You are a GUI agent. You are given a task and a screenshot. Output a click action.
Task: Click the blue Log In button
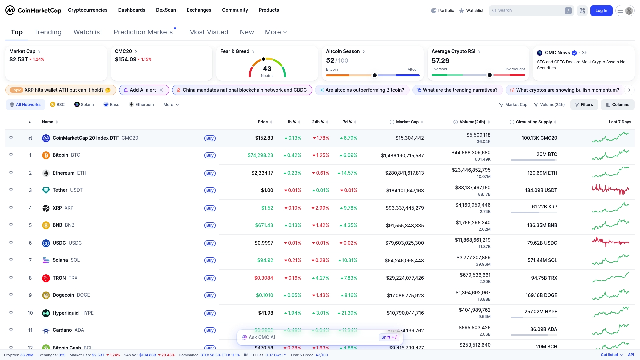pos(601,11)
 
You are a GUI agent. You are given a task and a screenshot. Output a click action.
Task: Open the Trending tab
pos(48,32)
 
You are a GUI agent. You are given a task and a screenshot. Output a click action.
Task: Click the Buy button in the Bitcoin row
pos(210,155)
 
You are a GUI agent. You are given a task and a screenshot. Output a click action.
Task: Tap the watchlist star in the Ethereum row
pos(11,173)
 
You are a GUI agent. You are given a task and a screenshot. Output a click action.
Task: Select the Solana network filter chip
pos(84,105)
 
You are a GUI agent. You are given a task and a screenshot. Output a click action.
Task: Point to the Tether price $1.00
pos(267,190)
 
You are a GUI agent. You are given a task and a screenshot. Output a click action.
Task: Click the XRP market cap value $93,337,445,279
pos(405,208)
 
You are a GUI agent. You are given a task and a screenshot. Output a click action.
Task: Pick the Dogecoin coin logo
pos(46,295)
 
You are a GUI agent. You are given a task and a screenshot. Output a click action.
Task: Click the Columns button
pos(617,105)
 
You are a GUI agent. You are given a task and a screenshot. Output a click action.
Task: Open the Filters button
pos(584,105)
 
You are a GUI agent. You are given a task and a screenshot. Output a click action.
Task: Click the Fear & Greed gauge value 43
pos(267,69)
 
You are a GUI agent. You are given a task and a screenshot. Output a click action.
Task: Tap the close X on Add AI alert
pos(161,90)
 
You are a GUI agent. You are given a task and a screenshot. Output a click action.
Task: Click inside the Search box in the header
pos(530,11)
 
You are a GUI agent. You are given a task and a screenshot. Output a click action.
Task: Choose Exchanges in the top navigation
pos(199,10)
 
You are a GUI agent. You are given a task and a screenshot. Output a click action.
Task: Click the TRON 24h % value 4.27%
pos(320,278)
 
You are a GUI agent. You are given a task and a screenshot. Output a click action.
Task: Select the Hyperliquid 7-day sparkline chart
pos(611,312)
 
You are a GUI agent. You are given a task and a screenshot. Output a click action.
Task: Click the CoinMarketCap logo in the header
pos(33,10)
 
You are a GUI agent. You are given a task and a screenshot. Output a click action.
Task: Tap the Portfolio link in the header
pos(442,11)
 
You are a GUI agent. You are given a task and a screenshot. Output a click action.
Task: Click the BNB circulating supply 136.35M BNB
pos(542,225)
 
